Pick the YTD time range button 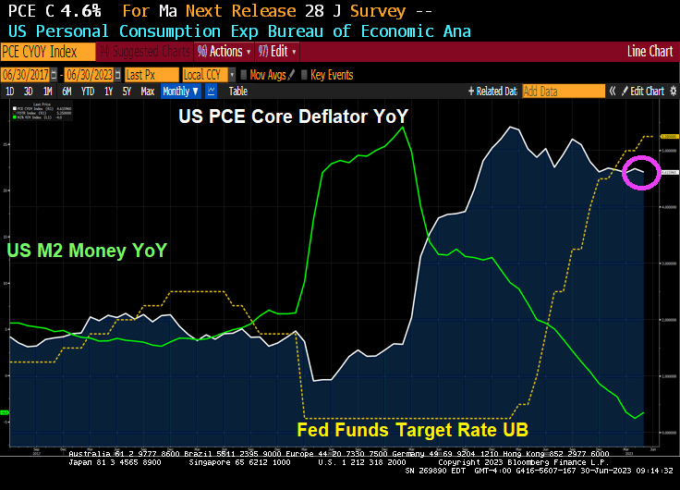click(x=88, y=92)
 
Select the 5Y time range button click(x=126, y=92)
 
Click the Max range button click(x=147, y=92)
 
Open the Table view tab click(x=238, y=92)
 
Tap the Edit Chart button click(x=646, y=92)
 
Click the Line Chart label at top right click(x=650, y=52)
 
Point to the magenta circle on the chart click(x=640, y=172)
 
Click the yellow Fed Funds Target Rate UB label click(x=424, y=430)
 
